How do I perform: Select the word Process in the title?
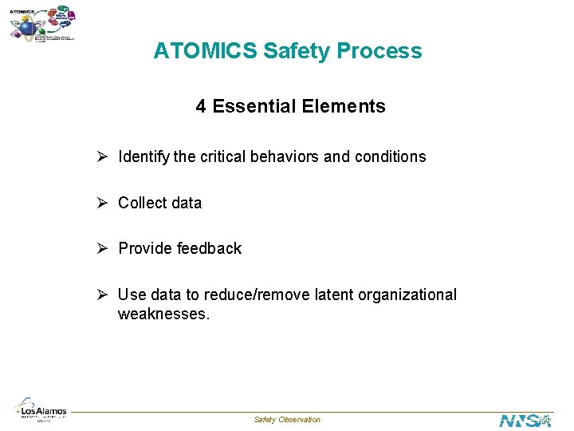pos(379,51)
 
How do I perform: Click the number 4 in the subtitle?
pos(201,106)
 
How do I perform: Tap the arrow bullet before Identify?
pos(104,156)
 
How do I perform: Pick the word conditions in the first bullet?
pos(391,156)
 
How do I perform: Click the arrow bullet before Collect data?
pos(104,203)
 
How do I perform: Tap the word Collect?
pos(142,203)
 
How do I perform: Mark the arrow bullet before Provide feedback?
pos(104,248)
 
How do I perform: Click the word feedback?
pos(209,248)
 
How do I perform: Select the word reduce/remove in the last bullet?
pos(242,295)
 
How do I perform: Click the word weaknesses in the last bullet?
pos(163,314)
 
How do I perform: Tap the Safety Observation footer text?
pos(287,420)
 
